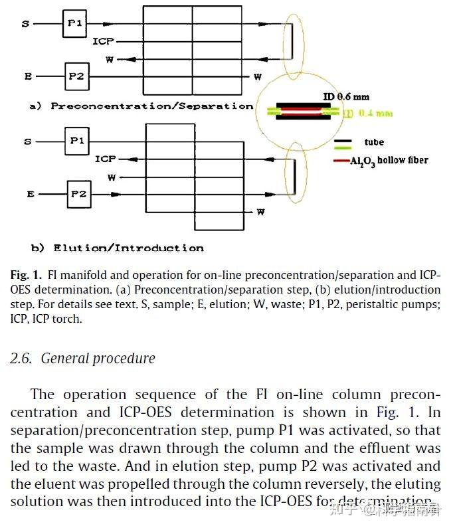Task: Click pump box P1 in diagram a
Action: point(74,23)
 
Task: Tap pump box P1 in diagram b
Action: point(77,141)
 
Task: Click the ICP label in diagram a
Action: point(103,42)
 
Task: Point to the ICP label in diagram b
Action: point(105,159)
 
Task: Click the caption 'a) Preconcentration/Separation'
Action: point(141,106)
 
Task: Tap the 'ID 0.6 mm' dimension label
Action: point(346,97)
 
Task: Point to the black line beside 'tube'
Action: point(343,142)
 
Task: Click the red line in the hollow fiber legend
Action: point(342,161)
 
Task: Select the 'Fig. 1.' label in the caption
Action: point(26,275)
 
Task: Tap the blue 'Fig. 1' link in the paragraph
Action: point(405,413)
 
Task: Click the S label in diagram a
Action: point(26,24)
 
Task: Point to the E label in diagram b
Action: point(31,195)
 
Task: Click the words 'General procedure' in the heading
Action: point(98,359)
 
